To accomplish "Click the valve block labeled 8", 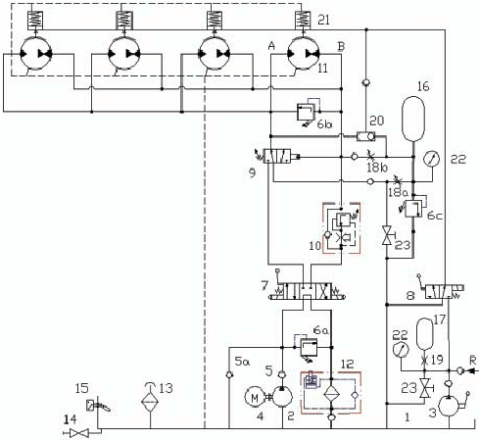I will point(433,291).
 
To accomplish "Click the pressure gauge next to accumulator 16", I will point(432,158).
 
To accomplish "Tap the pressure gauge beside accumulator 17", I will point(400,348).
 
